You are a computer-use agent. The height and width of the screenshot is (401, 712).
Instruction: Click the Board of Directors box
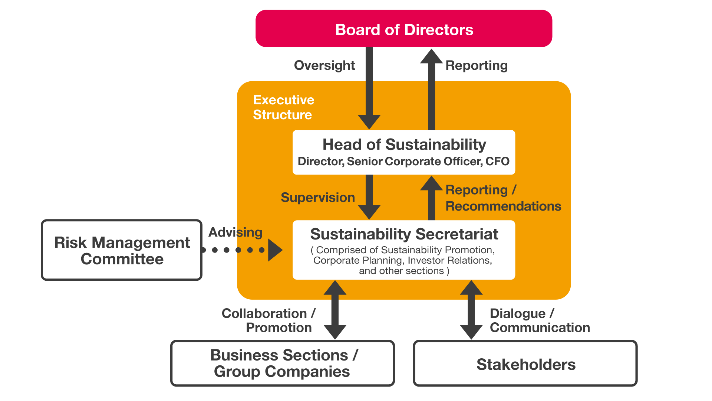404,29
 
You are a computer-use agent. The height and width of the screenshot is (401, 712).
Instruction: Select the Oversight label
324,65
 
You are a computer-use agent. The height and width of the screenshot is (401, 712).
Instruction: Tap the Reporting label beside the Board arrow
477,65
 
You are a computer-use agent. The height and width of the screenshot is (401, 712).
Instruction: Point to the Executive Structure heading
283,107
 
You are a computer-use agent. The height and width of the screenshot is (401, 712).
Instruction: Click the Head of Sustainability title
404,144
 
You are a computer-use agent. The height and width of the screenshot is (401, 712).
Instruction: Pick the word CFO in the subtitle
497,162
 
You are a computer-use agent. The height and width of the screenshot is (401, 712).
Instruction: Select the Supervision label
318,198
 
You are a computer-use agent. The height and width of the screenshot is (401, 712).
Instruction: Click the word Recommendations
503,206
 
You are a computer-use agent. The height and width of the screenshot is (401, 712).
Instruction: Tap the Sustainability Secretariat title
404,234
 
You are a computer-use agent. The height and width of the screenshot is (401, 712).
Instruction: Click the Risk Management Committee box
122,250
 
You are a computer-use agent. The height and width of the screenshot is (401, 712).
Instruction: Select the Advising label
235,232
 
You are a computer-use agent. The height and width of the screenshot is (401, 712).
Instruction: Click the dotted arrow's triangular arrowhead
275,250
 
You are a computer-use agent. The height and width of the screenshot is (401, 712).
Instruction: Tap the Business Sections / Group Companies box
282,363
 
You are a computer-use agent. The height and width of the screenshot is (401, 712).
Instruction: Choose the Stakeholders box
525,364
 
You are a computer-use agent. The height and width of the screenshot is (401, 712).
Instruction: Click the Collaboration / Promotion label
268,320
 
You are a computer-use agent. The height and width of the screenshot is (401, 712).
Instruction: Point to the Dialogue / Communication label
540,320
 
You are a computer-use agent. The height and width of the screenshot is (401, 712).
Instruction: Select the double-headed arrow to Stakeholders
471,310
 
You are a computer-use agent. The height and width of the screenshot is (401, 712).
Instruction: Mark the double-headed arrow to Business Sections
335,310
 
